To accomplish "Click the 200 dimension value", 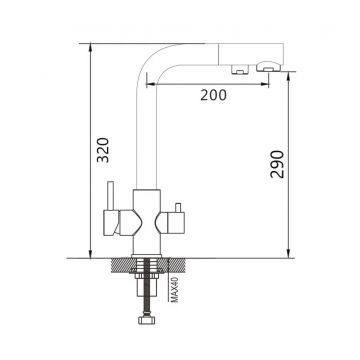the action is [213, 95].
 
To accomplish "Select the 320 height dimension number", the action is [103, 150].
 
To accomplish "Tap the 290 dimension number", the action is [277, 164].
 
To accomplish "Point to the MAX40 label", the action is [175, 290].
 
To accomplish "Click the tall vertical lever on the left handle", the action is [110, 196].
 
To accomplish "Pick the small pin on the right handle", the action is [178, 208].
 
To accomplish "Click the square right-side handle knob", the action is [175, 224].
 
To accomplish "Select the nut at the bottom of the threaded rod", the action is [146, 320].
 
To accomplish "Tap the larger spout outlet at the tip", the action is [269, 67].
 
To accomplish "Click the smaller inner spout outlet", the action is [240, 69].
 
